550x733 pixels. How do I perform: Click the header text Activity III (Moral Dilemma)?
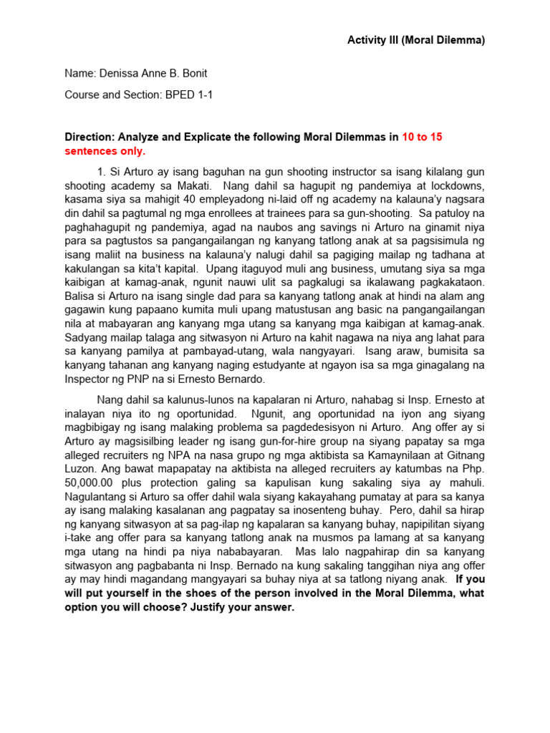coord(416,40)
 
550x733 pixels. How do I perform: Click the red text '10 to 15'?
coord(422,137)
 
